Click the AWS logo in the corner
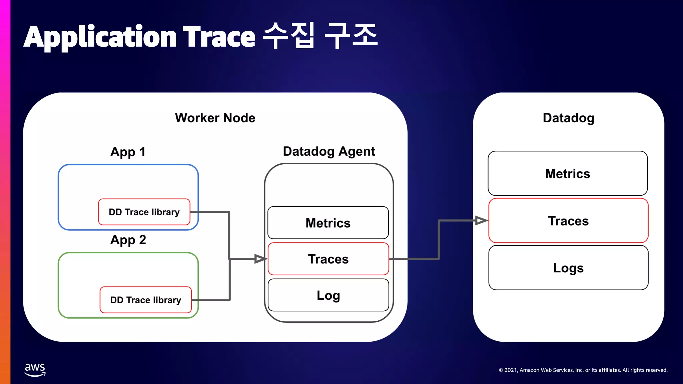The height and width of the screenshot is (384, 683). point(35,370)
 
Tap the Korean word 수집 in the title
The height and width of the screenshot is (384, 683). point(288,35)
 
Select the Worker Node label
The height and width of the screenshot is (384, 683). point(215,118)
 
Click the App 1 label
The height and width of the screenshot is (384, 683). point(128,152)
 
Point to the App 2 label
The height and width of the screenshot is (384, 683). point(128,240)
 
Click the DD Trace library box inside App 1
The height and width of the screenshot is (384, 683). point(144,212)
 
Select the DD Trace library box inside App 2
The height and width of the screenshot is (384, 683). point(146,300)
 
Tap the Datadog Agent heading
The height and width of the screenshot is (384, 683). point(329,152)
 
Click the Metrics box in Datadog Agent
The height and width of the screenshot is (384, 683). point(328,223)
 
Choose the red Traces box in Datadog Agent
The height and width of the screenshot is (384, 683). point(328,259)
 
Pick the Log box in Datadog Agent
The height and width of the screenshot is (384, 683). point(328,295)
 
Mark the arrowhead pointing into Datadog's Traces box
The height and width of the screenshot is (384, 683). point(481,220)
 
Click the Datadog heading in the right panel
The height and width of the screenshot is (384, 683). point(568,118)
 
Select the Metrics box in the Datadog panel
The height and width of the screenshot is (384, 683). point(568,174)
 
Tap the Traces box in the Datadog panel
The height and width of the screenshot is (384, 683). point(568,221)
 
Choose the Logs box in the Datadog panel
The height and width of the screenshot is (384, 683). point(568,268)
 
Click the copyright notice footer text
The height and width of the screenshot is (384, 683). point(583,370)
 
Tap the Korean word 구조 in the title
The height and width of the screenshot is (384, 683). point(351,35)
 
